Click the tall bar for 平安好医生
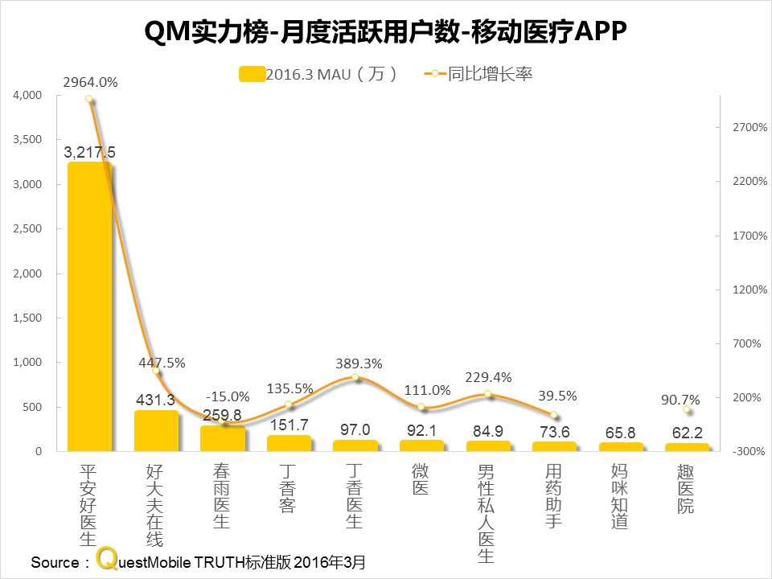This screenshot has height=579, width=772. pos(88,306)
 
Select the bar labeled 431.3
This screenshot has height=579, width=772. pos(156,431)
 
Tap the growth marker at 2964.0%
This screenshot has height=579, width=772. pos(89,100)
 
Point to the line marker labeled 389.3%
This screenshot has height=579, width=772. pos(355,377)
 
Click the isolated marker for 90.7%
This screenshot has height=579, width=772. pos(686,409)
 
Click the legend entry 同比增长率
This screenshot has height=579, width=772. pos(478,74)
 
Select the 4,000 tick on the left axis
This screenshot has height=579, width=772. pos(27,95)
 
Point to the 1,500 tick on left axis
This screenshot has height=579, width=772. pos(27,318)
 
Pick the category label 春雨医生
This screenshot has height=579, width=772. pos(222,495)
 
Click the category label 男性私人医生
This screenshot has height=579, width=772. pos(487,511)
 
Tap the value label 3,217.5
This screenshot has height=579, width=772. pos(89,152)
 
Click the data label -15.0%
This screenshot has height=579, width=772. pos(227,396)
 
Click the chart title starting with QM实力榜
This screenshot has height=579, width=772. pos(385,32)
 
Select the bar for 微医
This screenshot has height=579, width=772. pos(421,446)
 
